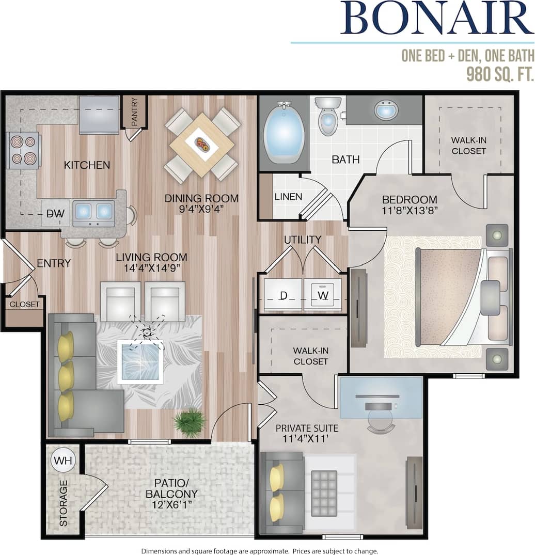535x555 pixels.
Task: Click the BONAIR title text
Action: click(x=436, y=20)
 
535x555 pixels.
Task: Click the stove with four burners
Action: click(x=23, y=150)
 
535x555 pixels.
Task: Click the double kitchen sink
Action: click(x=93, y=211)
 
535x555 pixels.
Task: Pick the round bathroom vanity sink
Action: click(x=386, y=110)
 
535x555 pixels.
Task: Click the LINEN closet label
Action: click(x=288, y=197)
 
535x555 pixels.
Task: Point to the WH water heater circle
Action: click(x=64, y=460)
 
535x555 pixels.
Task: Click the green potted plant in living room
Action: click(x=189, y=422)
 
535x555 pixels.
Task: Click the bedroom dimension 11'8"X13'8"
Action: click(x=410, y=211)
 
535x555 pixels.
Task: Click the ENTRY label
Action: click(x=54, y=263)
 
